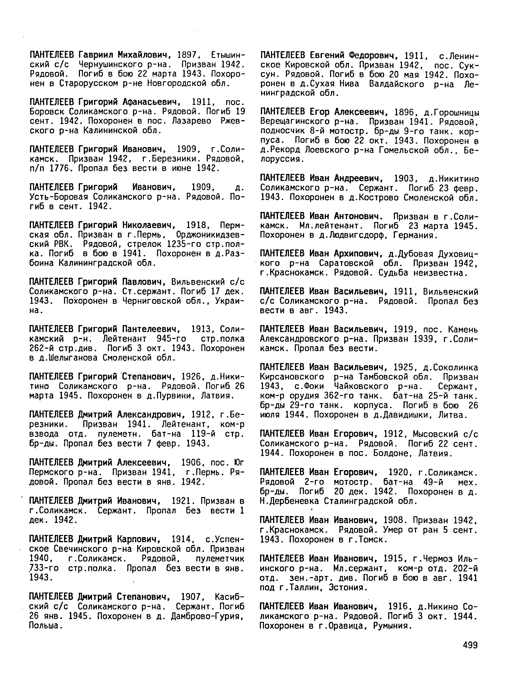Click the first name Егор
(x=320, y=112)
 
